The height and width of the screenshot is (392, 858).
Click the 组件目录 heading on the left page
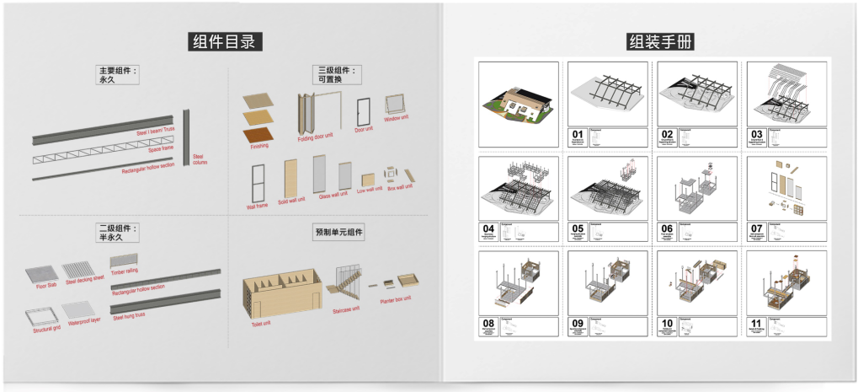(223, 41)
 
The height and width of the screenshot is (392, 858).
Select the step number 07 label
(755, 228)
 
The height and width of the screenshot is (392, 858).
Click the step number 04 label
(488, 228)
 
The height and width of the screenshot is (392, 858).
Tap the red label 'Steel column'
(200, 158)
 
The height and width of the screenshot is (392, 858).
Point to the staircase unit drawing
(349, 282)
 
